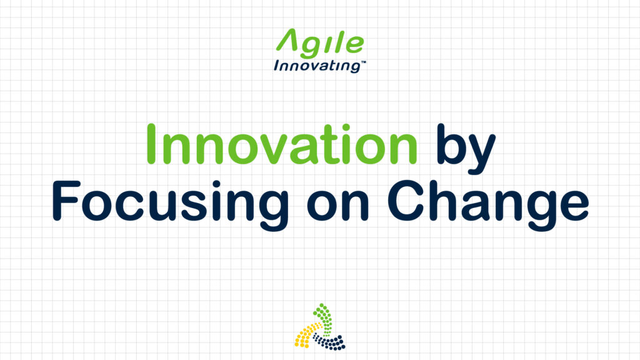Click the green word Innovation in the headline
282,144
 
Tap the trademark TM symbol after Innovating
363,62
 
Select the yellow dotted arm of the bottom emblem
306,335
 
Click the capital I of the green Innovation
151,144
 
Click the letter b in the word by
451,144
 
